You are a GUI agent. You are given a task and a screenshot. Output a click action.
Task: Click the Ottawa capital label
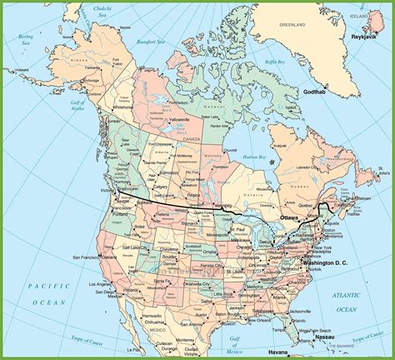pyautogui.click(x=289, y=217)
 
